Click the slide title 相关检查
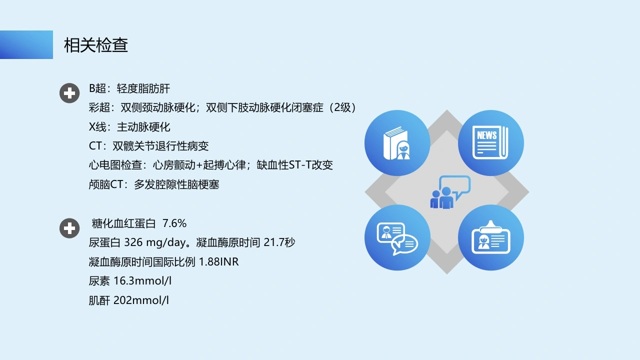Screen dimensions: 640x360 pyautogui.click(x=96, y=45)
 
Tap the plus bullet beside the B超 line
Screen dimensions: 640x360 pyautogui.click(x=69, y=93)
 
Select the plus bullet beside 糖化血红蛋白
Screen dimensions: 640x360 pyautogui.click(x=69, y=228)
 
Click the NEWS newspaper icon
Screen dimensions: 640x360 pyautogui.click(x=490, y=142)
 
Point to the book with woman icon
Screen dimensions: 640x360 pyautogui.click(x=397, y=143)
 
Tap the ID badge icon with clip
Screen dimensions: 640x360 pyautogui.click(x=490, y=237)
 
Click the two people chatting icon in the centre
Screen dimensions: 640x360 pyautogui.click(x=450, y=192)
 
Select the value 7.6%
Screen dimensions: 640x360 pyautogui.click(x=174, y=223)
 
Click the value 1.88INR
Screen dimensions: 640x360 pyautogui.click(x=218, y=261)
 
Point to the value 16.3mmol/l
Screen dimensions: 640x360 pyautogui.click(x=142, y=281)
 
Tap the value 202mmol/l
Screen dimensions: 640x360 pyautogui.click(x=141, y=300)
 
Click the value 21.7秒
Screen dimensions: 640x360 pyautogui.click(x=279, y=242)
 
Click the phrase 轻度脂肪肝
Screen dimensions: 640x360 pyautogui.click(x=143, y=88)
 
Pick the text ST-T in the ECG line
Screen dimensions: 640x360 pyautogui.click(x=300, y=165)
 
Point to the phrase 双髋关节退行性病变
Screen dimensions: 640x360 pyautogui.click(x=160, y=146)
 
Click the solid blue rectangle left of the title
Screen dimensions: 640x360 pyautogui.click(x=26, y=44)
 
